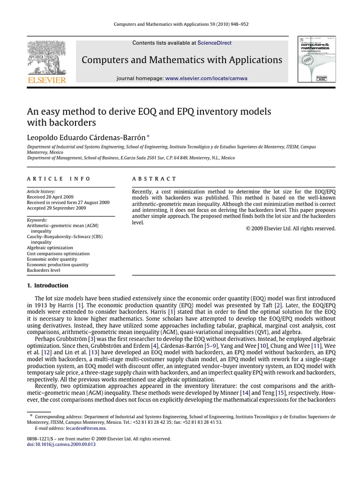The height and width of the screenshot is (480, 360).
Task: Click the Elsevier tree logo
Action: (46, 57)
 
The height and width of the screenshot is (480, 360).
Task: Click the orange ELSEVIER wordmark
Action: (46, 80)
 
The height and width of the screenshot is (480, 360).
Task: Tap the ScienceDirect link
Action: (214, 43)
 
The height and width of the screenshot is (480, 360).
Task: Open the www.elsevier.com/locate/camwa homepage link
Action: (206, 78)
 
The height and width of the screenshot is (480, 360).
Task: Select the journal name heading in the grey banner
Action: (182, 60)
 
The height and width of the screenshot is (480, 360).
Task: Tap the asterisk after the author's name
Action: (149, 136)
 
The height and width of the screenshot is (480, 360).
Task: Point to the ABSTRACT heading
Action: (154, 179)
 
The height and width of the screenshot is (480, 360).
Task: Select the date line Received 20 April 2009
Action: (52, 197)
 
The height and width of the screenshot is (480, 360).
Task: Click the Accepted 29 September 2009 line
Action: (56, 208)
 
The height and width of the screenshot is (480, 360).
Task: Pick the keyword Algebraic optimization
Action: (50, 247)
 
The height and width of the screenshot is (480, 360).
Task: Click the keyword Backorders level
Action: (44, 270)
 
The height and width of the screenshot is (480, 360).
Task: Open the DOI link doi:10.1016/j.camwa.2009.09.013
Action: (61, 444)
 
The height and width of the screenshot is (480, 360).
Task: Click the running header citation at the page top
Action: (180, 24)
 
